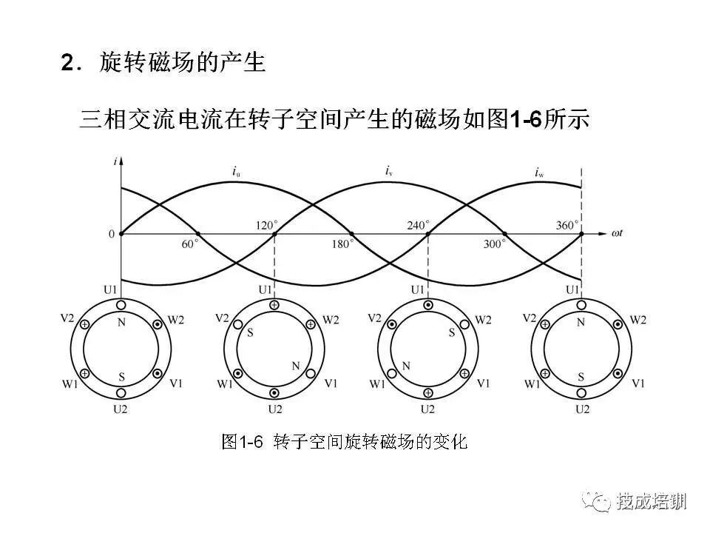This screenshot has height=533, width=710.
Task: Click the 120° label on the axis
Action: pyautogui.click(x=267, y=225)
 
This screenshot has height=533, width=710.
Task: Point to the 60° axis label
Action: pyautogui.click(x=190, y=244)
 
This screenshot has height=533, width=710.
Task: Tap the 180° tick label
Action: pyautogui.click(x=342, y=244)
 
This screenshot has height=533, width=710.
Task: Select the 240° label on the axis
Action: pyautogui.click(x=419, y=225)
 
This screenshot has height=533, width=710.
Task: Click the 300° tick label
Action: pyautogui.click(x=494, y=244)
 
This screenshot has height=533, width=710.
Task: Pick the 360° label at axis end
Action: pyautogui.click(x=567, y=225)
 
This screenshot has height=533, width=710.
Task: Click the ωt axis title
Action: pyautogui.click(x=617, y=233)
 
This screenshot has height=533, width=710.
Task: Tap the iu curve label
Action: pyautogui.click(x=236, y=172)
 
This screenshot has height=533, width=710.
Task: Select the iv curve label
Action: pyautogui.click(x=388, y=171)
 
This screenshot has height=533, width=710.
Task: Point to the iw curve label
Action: pyautogui.click(x=539, y=172)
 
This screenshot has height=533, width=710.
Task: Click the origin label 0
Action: pyautogui.click(x=112, y=235)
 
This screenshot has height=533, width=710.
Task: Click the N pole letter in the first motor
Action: pyautogui.click(x=121, y=323)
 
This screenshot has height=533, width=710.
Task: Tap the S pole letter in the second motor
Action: pyautogui.click(x=250, y=334)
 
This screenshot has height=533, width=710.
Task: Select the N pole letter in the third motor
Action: pyautogui.click(x=406, y=366)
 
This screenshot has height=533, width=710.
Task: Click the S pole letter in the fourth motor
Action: pyautogui.click(x=581, y=377)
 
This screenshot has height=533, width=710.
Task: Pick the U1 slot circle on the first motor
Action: pyautogui.click(x=121, y=305)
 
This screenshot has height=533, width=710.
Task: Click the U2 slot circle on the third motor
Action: pyautogui.click(x=428, y=392)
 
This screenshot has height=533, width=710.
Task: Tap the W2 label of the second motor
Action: pyautogui.click(x=331, y=321)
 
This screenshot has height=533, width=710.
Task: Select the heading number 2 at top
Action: pyautogui.click(x=67, y=62)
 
